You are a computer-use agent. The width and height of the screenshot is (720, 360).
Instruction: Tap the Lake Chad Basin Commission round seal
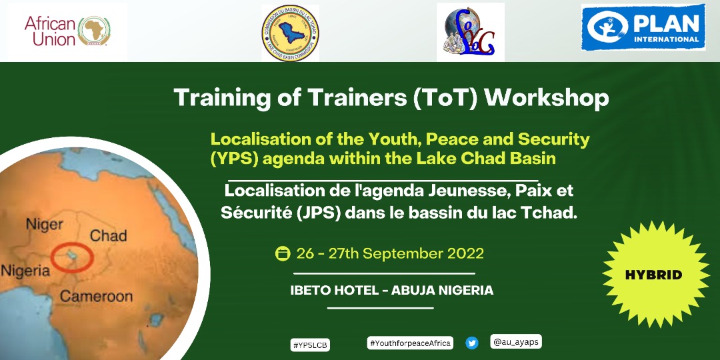tap(290, 33)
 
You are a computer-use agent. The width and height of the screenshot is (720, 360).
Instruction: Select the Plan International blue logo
tap(643, 27)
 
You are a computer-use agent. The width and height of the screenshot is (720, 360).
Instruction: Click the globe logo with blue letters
tap(466, 33)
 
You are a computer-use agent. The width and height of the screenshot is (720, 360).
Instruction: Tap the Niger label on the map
tap(45, 224)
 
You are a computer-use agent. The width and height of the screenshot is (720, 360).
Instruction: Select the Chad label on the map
tap(108, 235)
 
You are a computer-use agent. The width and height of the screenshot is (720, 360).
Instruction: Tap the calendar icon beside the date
tap(283, 254)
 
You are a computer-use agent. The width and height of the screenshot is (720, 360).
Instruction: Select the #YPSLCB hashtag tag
tap(311, 345)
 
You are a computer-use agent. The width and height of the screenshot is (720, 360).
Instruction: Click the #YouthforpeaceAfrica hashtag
tap(410, 343)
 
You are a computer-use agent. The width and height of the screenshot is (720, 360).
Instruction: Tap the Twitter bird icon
tap(472, 343)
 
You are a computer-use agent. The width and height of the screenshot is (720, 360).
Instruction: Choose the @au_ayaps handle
tap(515, 342)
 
